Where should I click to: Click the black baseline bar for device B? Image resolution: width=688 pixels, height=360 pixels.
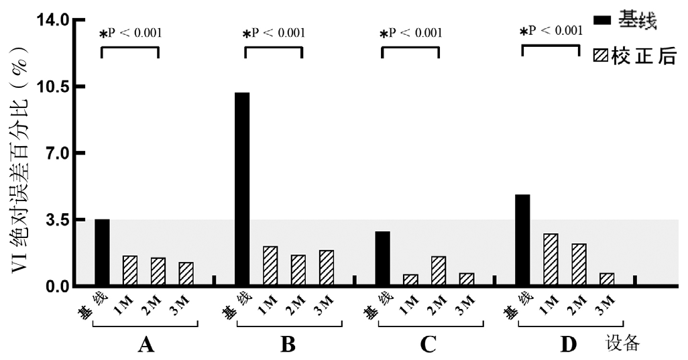pos(242,189)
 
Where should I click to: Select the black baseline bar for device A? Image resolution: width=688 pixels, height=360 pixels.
pos(102,252)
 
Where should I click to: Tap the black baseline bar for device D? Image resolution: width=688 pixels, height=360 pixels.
pos(522,240)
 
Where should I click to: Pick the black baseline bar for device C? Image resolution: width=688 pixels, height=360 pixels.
pos(382,258)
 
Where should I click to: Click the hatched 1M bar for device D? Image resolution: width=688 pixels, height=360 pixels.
pos(550,259)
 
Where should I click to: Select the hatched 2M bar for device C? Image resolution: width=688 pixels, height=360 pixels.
pos(438,271)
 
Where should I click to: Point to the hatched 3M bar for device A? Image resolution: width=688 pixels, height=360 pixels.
pos(186,274)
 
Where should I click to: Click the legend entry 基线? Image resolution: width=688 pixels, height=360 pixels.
pos(636,21)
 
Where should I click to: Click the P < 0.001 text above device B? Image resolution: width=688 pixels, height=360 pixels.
pos(274,33)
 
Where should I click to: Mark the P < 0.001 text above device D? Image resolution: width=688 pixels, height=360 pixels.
pos(551,30)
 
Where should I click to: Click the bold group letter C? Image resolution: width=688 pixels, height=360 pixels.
pos(428,345)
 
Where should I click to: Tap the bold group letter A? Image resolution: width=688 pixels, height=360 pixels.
pos(146,345)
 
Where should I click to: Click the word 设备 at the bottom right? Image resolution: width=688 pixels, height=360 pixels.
pos(624,344)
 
